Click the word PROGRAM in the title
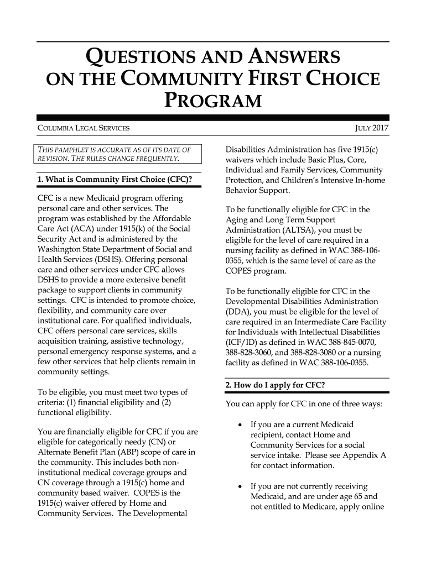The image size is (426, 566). tap(213, 102)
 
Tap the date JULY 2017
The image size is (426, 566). tap(372, 129)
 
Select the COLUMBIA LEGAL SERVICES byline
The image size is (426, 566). tap(83, 129)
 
